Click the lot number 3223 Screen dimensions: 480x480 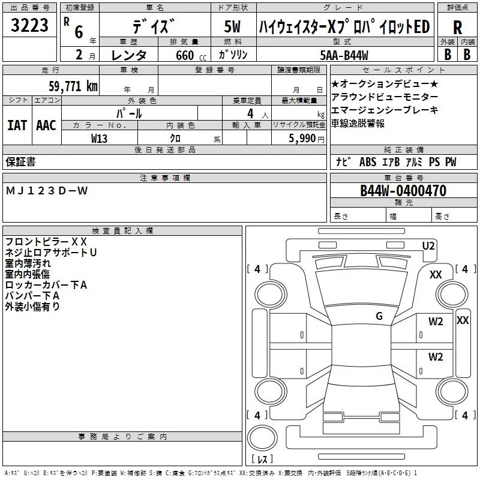coord(30,26)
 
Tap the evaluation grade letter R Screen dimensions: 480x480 coord(457,28)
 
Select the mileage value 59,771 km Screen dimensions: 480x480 coord(73,86)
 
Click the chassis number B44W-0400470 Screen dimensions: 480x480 coord(403,191)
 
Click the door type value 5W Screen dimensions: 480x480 coord(232,27)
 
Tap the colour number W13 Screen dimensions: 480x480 coord(100,138)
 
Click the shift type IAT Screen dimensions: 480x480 coord(17,125)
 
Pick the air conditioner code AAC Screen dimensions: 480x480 coord(46,125)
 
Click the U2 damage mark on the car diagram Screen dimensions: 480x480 coord(428,245)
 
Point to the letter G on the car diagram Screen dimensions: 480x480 coord(379,316)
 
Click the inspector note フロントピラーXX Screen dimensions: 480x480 coord(46,241)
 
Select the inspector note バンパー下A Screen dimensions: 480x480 coord(32,295)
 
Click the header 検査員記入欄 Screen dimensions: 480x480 coord(122,231)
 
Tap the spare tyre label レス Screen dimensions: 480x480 coord(262,459)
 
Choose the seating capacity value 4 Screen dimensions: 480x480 coord(250,113)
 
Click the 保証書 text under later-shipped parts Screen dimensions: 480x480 coord(20,161)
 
